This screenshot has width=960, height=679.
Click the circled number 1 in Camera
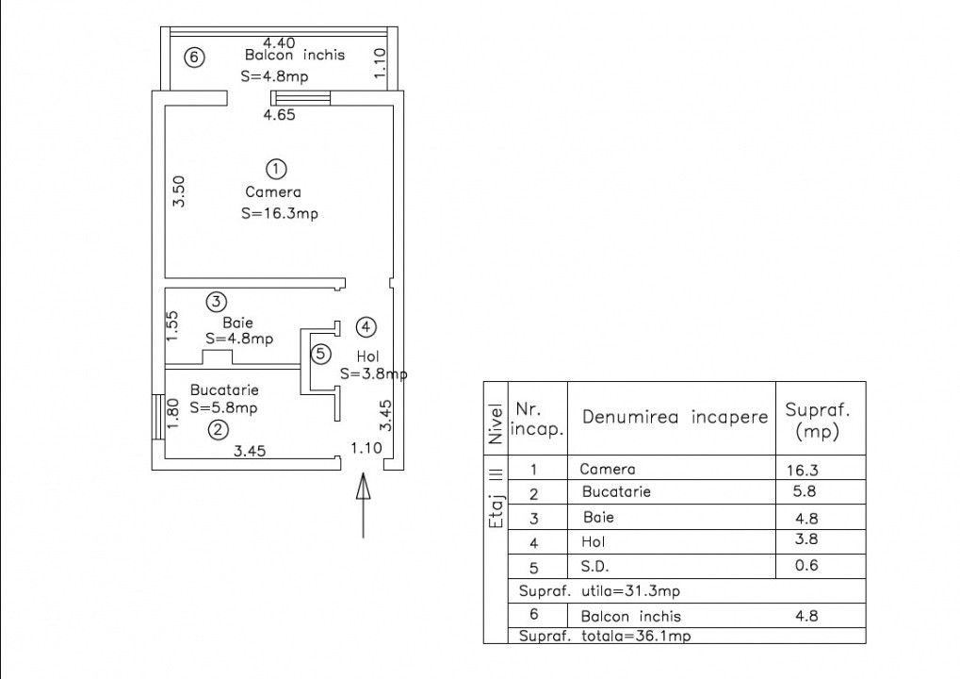pyautogui.click(x=275, y=170)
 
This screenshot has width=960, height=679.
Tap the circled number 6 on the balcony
pyautogui.click(x=193, y=58)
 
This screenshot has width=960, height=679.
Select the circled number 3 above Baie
pyautogui.click(x=217, y=302)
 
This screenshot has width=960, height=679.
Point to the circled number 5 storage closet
pyautogui.click(x=321, y=355)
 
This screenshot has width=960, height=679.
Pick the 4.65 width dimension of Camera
pyautogui.click(x=280, y=115)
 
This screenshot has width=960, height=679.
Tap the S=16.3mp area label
pyautogui.click(x=280, y=214)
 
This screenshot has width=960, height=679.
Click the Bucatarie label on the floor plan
pyautogui.click(x=224, y=389)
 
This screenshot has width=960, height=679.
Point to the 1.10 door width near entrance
pyautogui.click(x=366, y=448)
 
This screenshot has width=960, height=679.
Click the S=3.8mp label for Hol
pyautogui.click(x=373, y=373)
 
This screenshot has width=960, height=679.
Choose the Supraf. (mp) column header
pyautogui.click(x=818, y=422)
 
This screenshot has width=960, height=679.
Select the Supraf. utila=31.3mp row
pyautogui.click(x=599, y=591)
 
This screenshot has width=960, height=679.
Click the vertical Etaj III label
pyautogui.click(x=496, y=505)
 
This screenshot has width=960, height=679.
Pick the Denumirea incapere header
pyautogui.click(x=675, y=417)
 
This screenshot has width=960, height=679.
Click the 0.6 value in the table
pyautogui.click(x=806, y=567)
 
